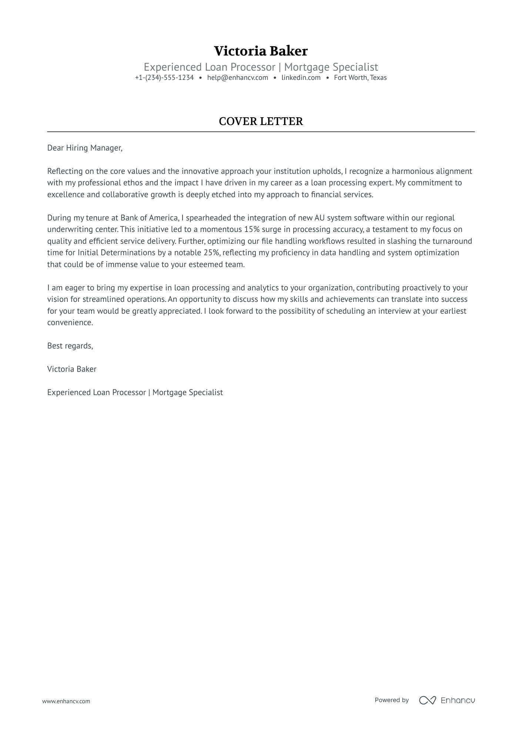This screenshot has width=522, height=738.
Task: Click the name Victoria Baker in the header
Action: [x=261, y=51]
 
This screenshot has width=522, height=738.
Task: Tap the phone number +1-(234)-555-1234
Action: [x=164, y=78]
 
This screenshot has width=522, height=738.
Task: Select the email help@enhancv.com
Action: [x=237, y=78]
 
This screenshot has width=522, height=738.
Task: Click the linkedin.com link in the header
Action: [x=301, y=78]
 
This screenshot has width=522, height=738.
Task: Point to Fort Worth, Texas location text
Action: [x=360, y=78]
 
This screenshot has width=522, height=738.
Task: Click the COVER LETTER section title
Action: [x=261, y=121]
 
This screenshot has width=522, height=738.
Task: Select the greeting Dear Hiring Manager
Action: [x=84, y=148]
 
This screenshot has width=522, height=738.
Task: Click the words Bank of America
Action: [x=149, y=218]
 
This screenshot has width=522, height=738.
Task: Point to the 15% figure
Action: [x=252, y=229]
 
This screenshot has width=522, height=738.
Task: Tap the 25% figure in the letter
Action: [x=211, y=253]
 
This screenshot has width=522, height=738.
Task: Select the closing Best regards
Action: [x=70, y=346]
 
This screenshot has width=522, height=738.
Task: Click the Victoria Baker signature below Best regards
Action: [x=72, y=369]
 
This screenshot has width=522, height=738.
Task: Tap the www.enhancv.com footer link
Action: [x=66, y=701]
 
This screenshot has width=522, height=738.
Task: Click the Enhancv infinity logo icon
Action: [x=427, y=700]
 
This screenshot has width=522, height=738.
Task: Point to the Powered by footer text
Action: [x=391, y=700]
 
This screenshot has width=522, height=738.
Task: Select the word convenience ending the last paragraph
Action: [x=70, y=323]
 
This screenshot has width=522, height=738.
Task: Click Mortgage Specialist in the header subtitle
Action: [x=331, y=67]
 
